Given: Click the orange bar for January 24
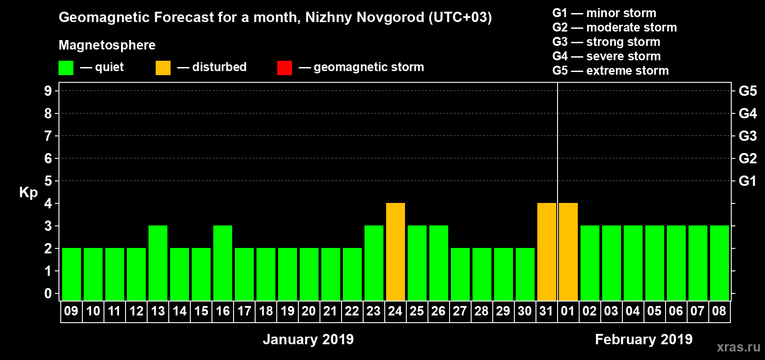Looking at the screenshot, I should (396, 252).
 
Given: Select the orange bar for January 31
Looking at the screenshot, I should (547, 252).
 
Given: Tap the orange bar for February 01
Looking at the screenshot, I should (568, 252).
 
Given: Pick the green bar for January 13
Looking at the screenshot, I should (158, 263).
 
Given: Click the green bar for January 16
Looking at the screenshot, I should (223, 263).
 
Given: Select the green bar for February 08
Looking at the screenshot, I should (720, 263).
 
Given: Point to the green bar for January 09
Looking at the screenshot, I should (72, 274).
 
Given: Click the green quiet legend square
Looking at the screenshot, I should (66, 68).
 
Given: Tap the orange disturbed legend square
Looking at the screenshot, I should (163, 68).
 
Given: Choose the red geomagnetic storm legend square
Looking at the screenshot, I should (284, 68).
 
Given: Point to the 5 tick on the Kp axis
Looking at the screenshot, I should (48, 181).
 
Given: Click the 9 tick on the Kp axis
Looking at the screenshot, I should (48, 91).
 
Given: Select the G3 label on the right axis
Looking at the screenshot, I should (747, 136).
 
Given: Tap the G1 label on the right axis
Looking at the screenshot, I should (747, 181).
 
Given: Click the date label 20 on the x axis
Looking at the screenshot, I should (309, 311).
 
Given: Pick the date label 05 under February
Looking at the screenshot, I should (654, 311).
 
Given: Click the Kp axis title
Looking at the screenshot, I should (28, 193).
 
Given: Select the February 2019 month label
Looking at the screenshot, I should (643, 339).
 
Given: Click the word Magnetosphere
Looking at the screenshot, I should (107, 45).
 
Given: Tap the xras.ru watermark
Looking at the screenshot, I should (738, 347).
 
